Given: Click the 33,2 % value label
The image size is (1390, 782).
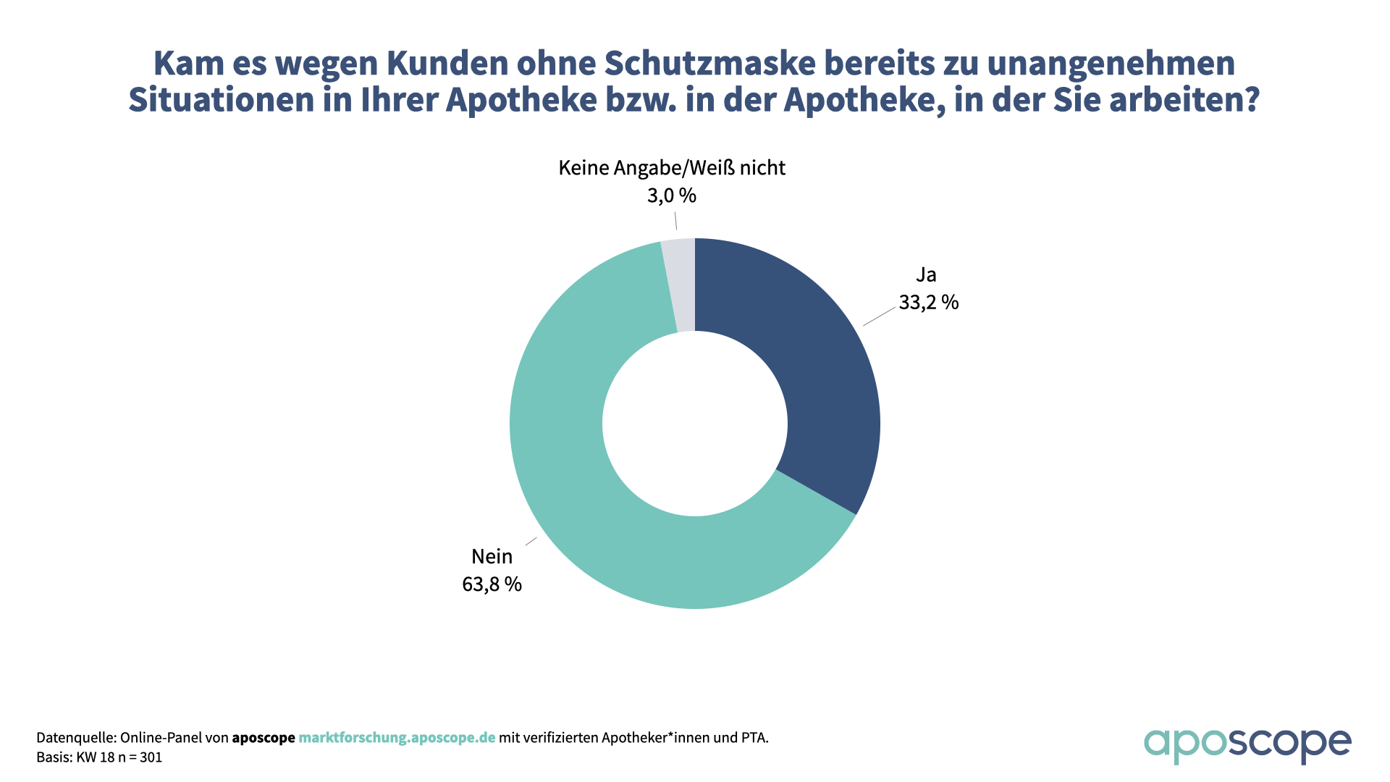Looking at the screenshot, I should pos(928,302).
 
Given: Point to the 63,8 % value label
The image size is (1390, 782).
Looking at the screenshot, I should pos(492,584).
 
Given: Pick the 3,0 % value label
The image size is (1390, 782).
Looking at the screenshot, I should pos(671,195).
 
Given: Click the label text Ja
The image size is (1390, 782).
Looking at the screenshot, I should pos(926,275).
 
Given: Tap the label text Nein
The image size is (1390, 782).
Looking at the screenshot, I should pos(492,556).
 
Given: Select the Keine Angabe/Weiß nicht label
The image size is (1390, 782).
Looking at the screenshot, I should pos(671,168).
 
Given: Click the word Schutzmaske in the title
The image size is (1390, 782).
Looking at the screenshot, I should pos(710,64).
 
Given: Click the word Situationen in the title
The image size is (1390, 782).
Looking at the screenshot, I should pos(221,100).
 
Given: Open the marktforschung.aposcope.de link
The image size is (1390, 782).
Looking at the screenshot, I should pos(397,738).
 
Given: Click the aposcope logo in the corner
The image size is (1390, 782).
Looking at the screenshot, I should pos(1247,744).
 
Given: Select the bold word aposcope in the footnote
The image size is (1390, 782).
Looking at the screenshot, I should pos(264,738).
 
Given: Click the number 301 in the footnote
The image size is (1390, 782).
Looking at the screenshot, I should pos(151,757).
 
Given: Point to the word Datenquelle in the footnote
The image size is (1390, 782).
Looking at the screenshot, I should pos(75,738).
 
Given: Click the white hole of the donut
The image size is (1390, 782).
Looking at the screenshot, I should pos(695,424).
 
